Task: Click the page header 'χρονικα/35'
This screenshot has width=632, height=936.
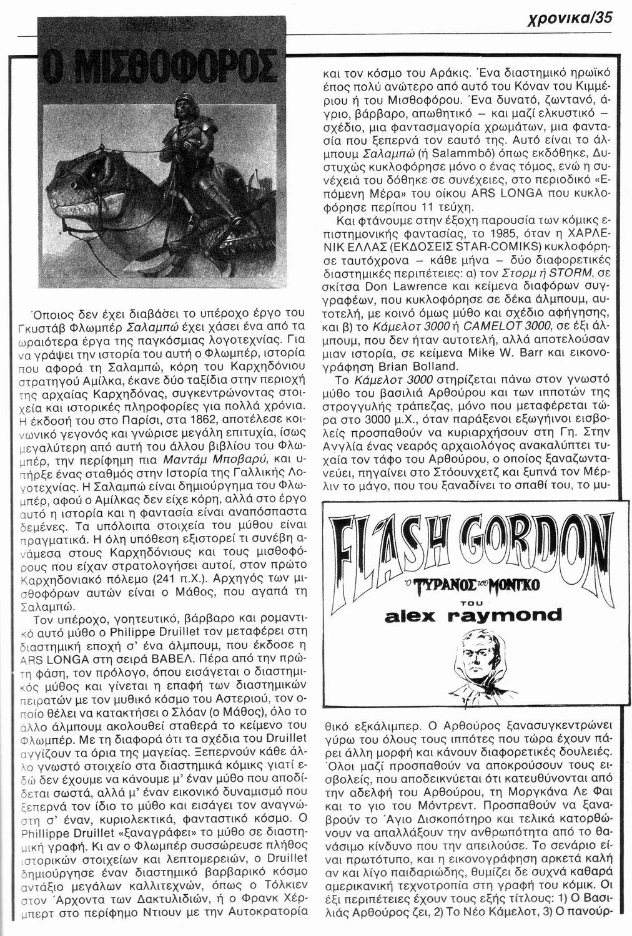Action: (x=580, y=18)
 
